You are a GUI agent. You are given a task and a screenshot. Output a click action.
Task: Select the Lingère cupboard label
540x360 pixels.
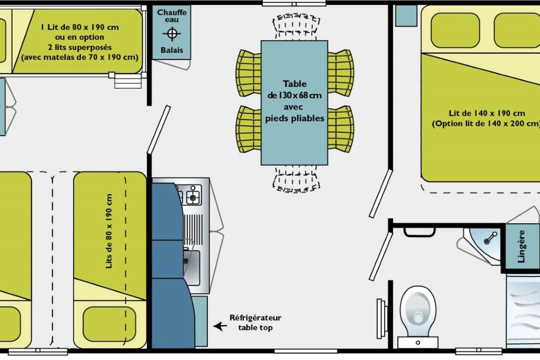(521, 246)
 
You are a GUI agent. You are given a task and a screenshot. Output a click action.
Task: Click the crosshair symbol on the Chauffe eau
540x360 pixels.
(171, 34)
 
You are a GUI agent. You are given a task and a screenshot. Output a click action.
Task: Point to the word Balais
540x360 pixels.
(171, 50)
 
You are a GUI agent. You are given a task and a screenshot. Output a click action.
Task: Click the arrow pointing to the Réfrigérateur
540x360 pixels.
(220, 326)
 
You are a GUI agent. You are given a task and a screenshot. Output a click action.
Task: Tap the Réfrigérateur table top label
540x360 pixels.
(255, 322)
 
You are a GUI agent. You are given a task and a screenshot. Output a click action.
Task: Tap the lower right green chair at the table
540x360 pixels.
(340, 129)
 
